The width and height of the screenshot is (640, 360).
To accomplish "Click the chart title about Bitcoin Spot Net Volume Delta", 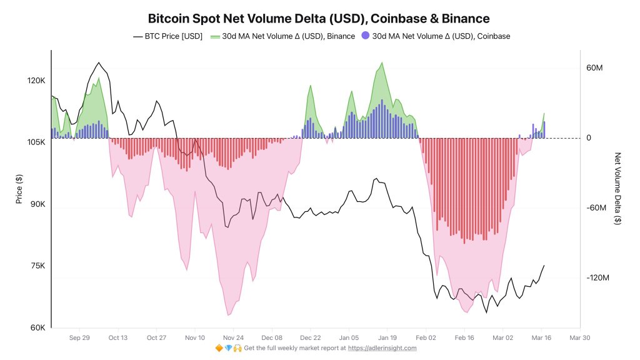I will [319, 18].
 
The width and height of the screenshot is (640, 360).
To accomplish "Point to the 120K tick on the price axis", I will [35, 81].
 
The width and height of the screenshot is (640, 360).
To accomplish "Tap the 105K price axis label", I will [35, 142].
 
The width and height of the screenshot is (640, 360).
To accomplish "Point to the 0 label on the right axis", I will [589, 138].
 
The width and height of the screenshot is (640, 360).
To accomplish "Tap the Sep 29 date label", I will [79, 337].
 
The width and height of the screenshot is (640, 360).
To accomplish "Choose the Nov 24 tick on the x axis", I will [233, 337].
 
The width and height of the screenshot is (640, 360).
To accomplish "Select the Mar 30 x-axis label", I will [579, 337].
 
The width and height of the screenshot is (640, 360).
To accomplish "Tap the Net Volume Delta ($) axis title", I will [618, 187].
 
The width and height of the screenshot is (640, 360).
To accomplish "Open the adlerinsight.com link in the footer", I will [382, 348].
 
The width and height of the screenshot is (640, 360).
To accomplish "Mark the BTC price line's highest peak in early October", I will [98, 63].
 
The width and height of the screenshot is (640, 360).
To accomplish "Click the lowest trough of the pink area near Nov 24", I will [229, 315].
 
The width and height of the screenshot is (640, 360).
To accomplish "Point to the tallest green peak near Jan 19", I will [381, 62].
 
